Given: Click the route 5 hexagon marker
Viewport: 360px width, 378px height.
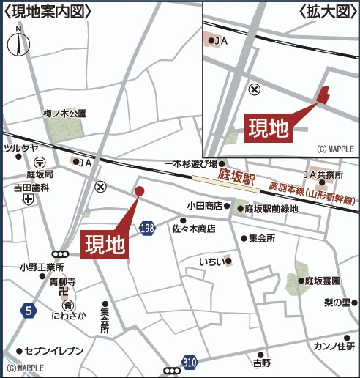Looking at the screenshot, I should coord(29,311).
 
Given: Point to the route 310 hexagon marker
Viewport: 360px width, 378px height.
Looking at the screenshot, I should coord(190,361).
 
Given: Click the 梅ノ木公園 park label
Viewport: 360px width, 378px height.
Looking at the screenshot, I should coord(64,114).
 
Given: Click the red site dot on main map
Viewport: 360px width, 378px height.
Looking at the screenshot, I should coord(139,191).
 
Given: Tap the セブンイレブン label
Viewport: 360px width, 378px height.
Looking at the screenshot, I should coord(54,351).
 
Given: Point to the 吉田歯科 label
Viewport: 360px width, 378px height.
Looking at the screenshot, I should coord(30,188).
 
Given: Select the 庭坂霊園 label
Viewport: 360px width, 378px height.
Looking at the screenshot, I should coord(323,281).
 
